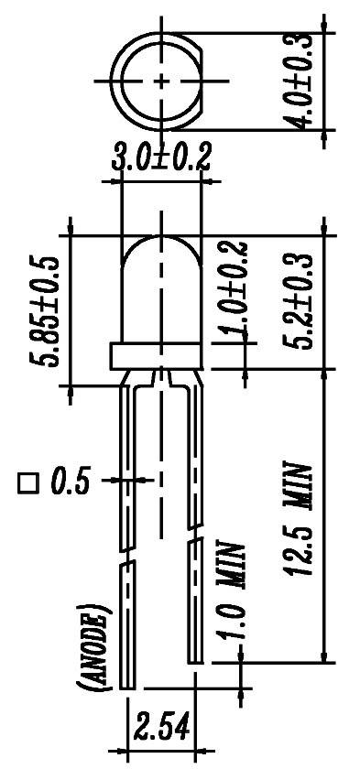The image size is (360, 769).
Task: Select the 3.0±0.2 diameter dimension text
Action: pyautogui.click(x=161, y=157)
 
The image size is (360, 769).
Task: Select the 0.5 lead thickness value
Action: pyautogui.click(x=70, y=482)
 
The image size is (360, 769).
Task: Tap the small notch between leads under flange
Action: pyautogui.click(x=162, y=375)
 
